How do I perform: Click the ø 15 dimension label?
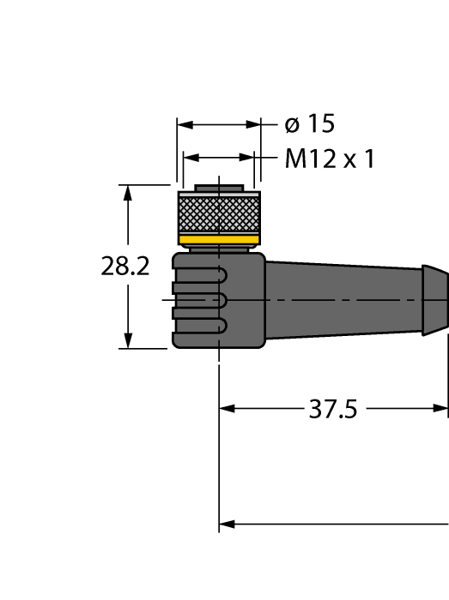(x=309, y=124)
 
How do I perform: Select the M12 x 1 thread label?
(x=329, y=159)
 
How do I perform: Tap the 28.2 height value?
(x=125, y=267)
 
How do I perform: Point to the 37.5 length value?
(x=332, y=409)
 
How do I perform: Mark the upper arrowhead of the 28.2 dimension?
(x=129, y=192)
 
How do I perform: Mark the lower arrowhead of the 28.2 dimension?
(x=129, y=340)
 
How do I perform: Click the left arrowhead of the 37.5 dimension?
(x=228, y=409)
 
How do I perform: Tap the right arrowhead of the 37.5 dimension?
(x=441, y=409)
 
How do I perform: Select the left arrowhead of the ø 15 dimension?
(x=185, y=125)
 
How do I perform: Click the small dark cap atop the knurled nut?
(x=219, y=188)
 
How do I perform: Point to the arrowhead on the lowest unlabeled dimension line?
(x=228, y=523)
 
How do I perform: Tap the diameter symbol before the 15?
(x=292, y=125)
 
